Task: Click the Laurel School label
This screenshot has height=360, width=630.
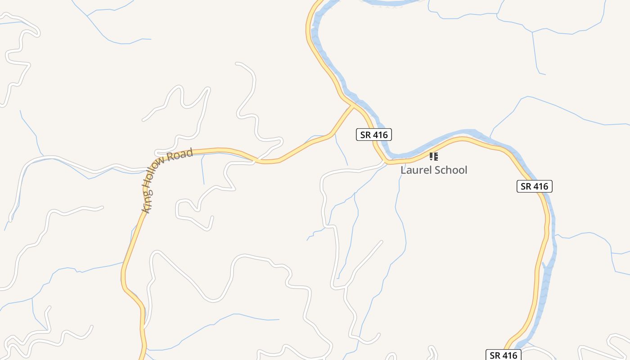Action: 434,170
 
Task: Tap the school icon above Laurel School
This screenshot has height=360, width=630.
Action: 433,157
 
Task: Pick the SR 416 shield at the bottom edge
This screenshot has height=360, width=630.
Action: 504,355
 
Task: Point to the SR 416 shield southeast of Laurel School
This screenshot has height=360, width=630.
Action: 534,186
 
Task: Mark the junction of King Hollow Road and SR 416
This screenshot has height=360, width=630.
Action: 353,106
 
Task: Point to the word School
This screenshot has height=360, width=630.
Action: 450,170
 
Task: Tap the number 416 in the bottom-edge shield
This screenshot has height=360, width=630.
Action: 509,355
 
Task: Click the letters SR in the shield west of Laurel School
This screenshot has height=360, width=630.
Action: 364,134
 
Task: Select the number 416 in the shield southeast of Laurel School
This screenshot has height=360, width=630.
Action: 540,186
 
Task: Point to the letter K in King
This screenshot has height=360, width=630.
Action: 145,209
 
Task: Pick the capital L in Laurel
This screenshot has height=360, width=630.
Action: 404,170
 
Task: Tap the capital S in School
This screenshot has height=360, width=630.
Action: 436,170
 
